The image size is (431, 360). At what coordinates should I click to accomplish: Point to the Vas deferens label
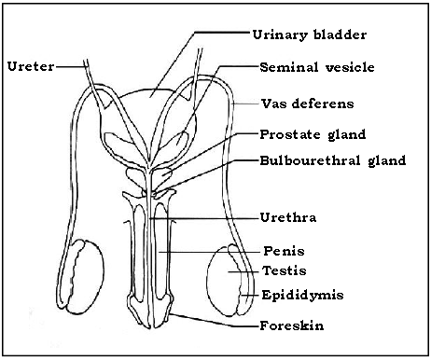307,102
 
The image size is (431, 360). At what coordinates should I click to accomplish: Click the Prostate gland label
313,135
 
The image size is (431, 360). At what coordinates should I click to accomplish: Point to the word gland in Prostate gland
347,136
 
